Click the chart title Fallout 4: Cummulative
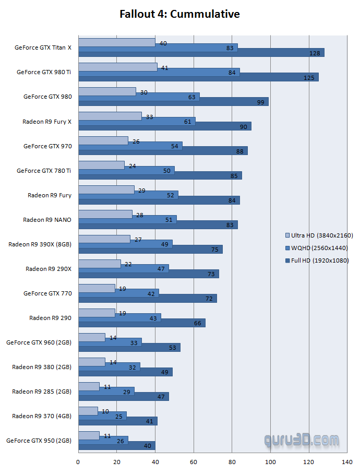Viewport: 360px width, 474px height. click(179, 14)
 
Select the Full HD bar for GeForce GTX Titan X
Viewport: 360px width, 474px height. click(201, 53)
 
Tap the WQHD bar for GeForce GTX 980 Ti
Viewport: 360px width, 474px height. click(159, 72)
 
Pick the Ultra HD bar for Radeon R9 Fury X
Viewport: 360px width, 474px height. click(110, 116)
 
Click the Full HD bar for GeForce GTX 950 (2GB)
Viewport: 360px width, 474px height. click(116, 445)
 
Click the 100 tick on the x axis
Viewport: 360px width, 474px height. click(270, 461)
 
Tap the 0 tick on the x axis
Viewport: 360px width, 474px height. click(78, 461)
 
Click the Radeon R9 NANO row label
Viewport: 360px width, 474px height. click(47, 220)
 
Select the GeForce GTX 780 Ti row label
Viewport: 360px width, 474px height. click(44, 171)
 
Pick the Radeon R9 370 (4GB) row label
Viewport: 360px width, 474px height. click(42, 416)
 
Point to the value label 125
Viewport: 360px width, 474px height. click(308, 78)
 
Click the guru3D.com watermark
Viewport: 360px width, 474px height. click(301, 442)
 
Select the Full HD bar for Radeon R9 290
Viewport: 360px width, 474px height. click(141, 323)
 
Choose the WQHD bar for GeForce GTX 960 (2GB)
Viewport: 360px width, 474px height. click(110, 342)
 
